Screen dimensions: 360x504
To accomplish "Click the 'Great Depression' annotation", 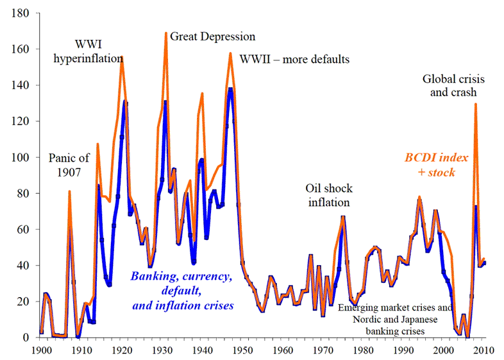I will click(212, 37).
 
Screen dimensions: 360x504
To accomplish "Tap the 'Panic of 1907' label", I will click(69, 164).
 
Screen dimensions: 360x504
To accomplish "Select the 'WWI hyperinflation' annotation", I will click(94, 52).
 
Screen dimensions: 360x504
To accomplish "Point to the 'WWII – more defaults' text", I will click(294, 60).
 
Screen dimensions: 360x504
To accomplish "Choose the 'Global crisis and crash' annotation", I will click(453, 85).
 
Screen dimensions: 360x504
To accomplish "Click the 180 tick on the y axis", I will click(21, 13).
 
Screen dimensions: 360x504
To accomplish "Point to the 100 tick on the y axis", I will click(21, 157).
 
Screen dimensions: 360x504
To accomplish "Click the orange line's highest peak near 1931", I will click(166, 33).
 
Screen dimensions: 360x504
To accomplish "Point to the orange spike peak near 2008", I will click(476, 104).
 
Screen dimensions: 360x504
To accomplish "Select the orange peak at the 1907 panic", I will click(69, 191).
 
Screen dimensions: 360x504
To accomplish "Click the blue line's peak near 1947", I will click(230, 89).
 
